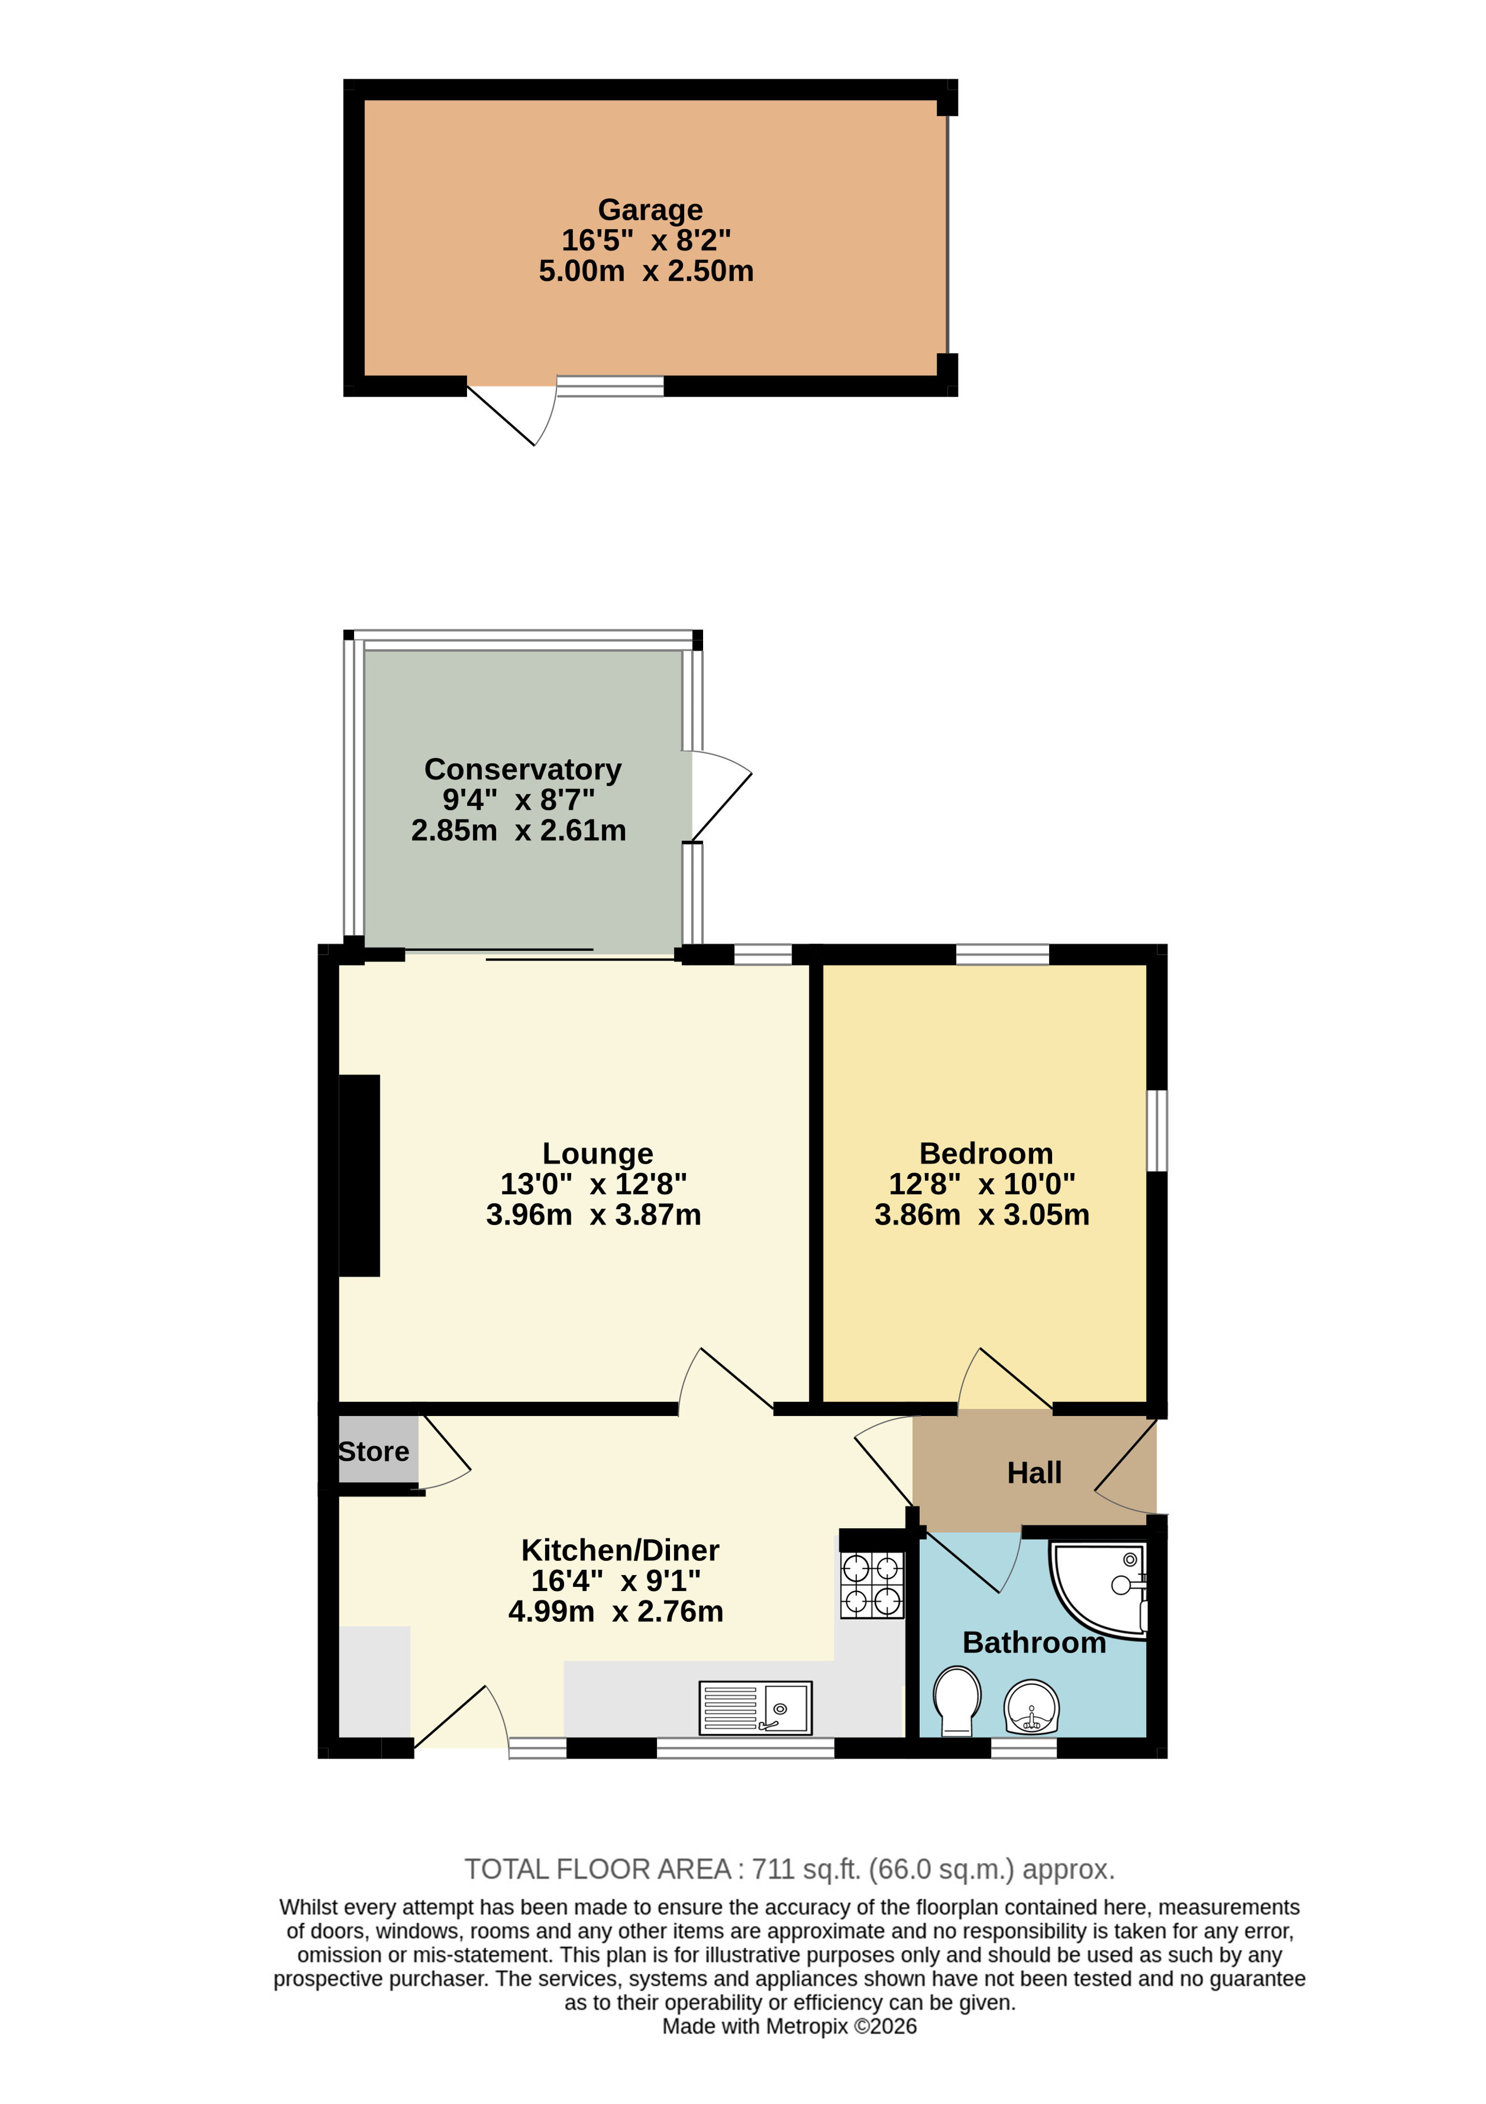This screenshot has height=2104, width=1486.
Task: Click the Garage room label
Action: (650, 210)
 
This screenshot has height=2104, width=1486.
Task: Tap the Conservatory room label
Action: (522, 769)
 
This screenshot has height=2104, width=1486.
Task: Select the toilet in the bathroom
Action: (957, 1701)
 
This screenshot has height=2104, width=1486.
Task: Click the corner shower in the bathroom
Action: (1099, 1590)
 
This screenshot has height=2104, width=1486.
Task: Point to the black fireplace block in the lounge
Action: (359, 1176)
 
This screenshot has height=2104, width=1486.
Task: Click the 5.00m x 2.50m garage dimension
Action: (646, 271)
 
